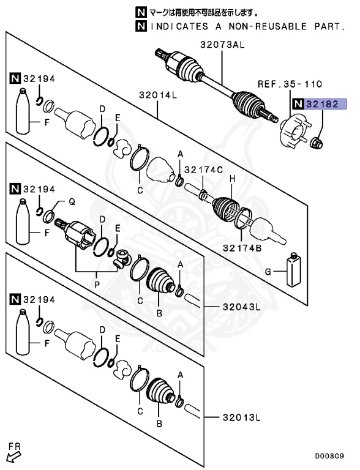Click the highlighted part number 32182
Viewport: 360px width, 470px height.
click(327, 105)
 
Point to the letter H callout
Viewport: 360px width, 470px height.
click(232, 178)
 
